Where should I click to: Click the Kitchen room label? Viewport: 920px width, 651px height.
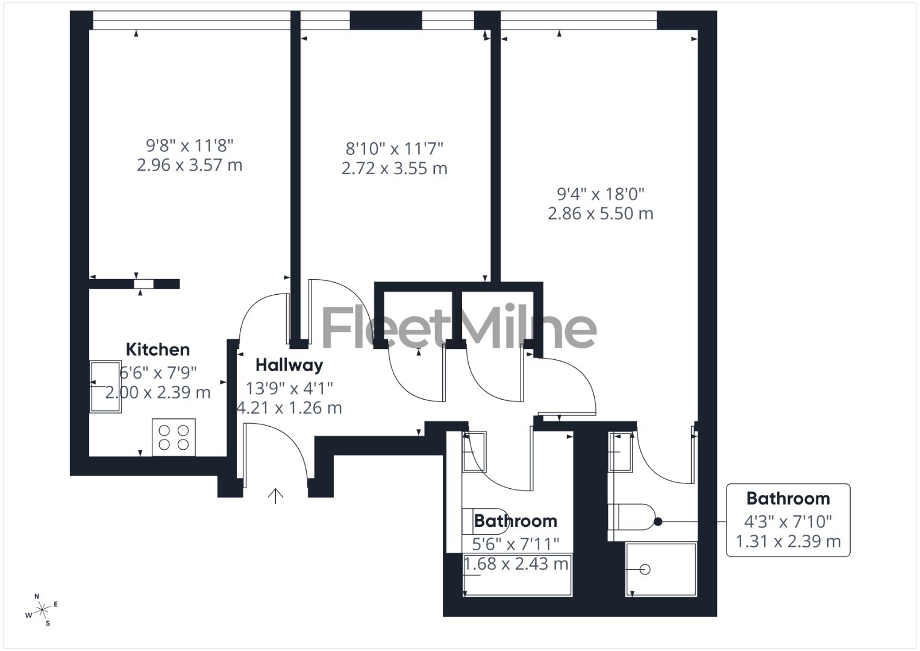point(157,350)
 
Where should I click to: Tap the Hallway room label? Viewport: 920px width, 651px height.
point(289,365)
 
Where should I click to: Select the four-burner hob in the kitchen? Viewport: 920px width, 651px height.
point(174,437)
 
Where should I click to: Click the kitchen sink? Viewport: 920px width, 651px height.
point(105,386)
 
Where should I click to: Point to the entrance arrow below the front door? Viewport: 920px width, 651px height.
point(275,495)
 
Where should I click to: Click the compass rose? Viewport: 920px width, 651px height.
point(42,610)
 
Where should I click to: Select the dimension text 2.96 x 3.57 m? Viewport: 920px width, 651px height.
point(189,165)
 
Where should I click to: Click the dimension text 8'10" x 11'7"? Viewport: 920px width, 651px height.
point(394,148)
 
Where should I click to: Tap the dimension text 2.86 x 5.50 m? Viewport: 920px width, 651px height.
point(600,213)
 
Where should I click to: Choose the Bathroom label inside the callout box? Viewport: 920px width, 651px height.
point(787,498)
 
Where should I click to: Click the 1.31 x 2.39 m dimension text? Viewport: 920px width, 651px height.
point(787,541)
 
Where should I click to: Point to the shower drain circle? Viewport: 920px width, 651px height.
point(645,570)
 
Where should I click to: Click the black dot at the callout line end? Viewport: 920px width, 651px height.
point(658,521)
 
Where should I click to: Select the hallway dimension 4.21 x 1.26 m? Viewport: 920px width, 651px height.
point(289,408)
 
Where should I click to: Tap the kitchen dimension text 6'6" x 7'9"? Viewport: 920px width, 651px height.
point(158,373)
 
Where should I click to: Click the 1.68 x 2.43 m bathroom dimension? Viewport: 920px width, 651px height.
point(516,564)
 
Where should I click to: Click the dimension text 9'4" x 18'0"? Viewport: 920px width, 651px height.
point(600,194)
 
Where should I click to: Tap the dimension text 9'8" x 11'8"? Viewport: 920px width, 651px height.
point(189,145)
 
